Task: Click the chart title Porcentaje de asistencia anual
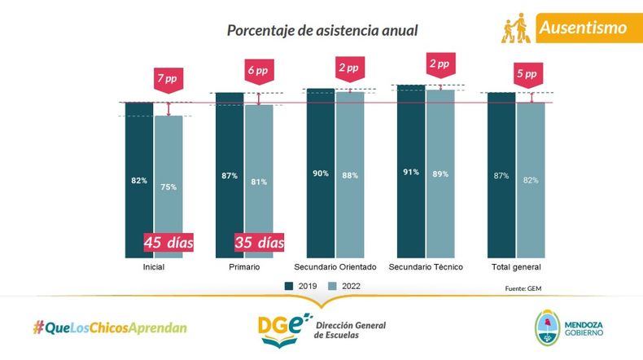pos(322,31)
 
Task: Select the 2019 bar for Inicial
pos(139,179)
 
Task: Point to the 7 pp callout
pos(168,79)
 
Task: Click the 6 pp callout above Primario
pos(258,71)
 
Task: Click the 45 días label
pos(168,242)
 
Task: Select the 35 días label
pos(259,242)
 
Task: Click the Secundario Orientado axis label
pos(335,267)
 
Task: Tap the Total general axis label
pos(516,267)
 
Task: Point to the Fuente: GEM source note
pos(523,288)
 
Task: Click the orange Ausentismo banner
pos(583,28)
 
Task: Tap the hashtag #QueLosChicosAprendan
pos(110,327)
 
